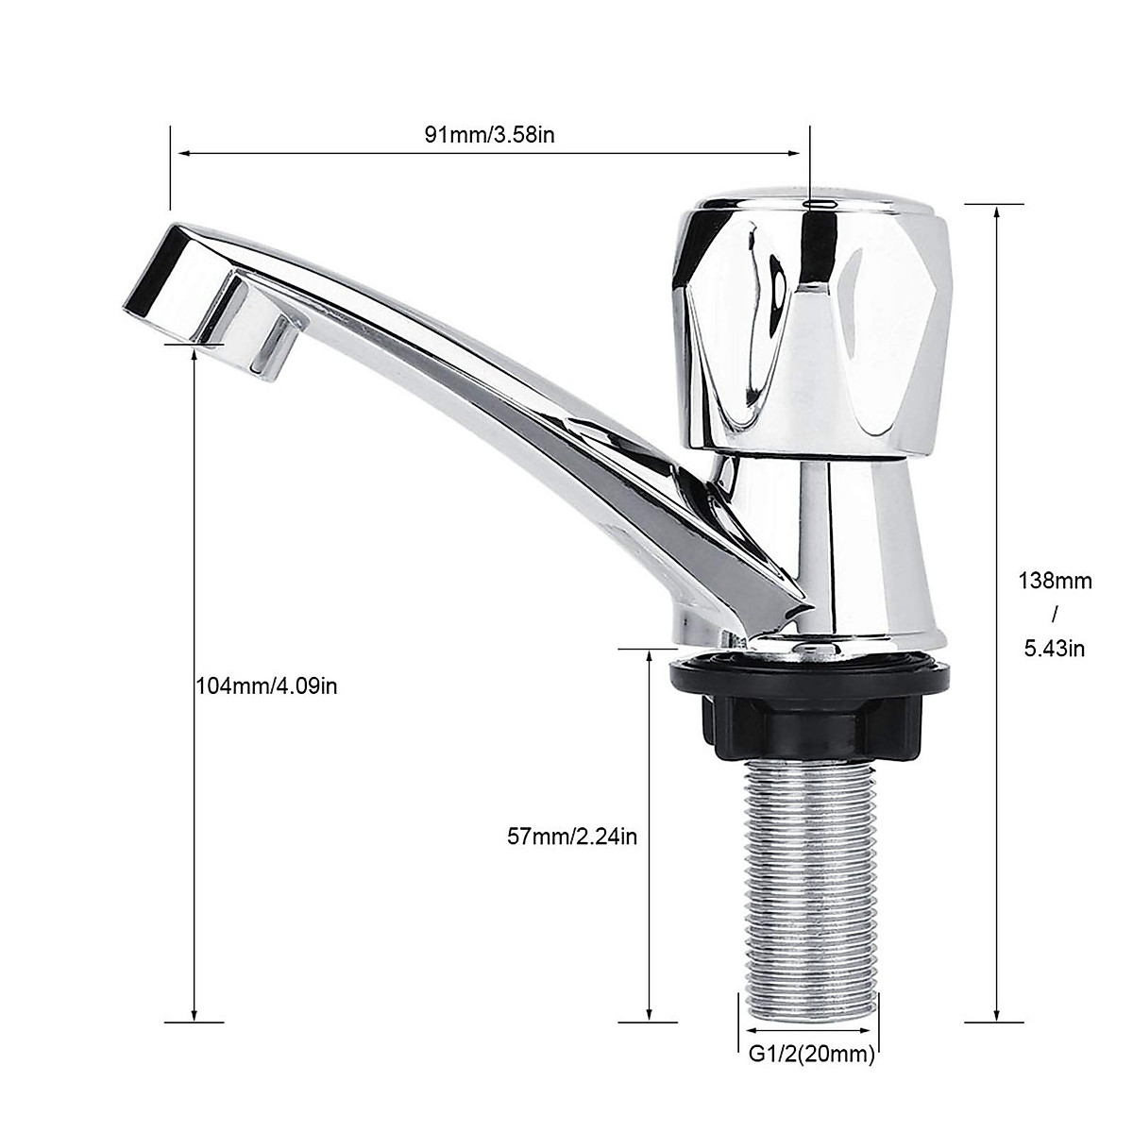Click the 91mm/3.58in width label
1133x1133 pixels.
(x=489, y=134)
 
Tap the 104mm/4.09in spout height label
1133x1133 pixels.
(x=266, y=686)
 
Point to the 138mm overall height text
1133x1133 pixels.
(x=1055, y=581)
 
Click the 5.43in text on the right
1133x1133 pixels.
(x=1055, y=649)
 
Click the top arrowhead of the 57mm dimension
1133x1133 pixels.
(x=650, y=658)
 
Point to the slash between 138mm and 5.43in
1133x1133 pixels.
(x=1055, y=615)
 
